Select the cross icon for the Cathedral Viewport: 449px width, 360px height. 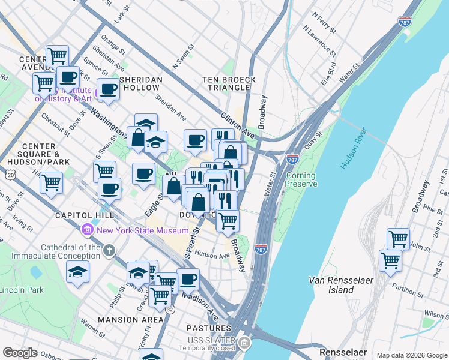(109, 250)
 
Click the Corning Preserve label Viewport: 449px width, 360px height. (301, 180)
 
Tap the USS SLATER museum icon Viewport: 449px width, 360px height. (244, 343)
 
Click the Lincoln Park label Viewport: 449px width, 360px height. (22, 290)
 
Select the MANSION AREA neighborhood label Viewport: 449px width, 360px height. (131, 320)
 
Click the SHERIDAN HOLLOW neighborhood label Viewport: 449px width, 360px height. (142, 83)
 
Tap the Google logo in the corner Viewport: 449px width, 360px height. (20, 353)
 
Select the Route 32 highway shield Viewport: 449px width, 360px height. (170, 310)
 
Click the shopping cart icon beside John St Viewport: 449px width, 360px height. (398, 238)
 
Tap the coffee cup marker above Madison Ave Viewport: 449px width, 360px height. (188, 278)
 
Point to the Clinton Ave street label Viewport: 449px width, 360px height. (234, 125)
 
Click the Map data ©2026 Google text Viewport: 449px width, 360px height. (411, 355)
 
